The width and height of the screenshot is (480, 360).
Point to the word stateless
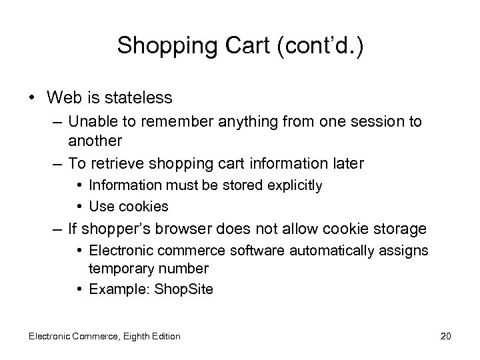(x=137, y=98)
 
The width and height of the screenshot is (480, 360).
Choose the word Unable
(x=91, y=122)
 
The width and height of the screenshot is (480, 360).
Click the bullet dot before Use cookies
(x=79, y=207)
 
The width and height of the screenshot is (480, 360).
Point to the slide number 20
(x=446, y=336)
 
